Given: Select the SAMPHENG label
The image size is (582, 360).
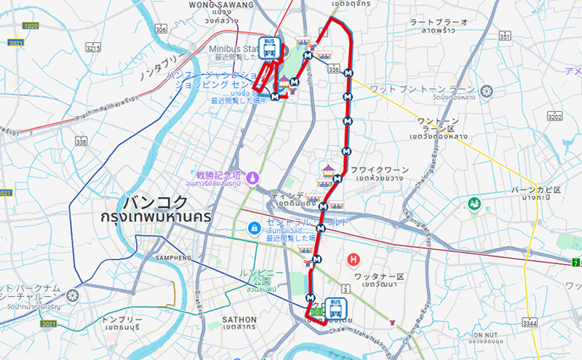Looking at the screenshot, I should [172, 257].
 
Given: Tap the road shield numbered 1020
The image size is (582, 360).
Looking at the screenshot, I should [31, 25].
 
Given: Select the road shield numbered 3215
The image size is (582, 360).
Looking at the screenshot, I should [92, 47].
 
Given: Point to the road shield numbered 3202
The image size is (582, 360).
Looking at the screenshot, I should [554, 116].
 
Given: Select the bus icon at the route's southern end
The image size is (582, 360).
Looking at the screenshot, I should [335, 307].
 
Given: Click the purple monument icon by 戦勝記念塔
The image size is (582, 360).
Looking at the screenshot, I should [252, 177].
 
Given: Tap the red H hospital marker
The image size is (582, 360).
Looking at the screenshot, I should [354, 259].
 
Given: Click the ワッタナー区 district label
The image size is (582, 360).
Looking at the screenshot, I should [378, 276].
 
